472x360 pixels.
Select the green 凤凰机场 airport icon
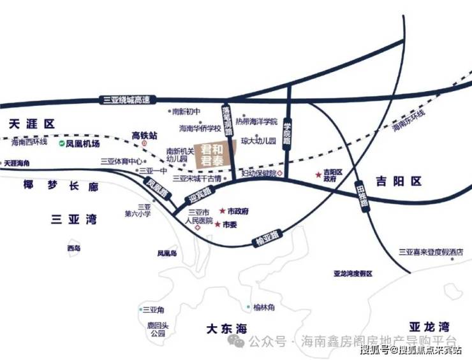[61, 144]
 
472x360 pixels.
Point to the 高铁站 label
[144, 135]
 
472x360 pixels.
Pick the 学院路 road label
[287, 133]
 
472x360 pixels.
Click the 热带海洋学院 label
[256, 122]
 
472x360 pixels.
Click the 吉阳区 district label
[399, 182]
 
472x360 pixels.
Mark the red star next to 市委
[218, 225]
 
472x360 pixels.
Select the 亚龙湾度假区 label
[353, 273]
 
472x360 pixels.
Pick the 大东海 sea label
[226, 329]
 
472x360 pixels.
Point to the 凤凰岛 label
[167, 253]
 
